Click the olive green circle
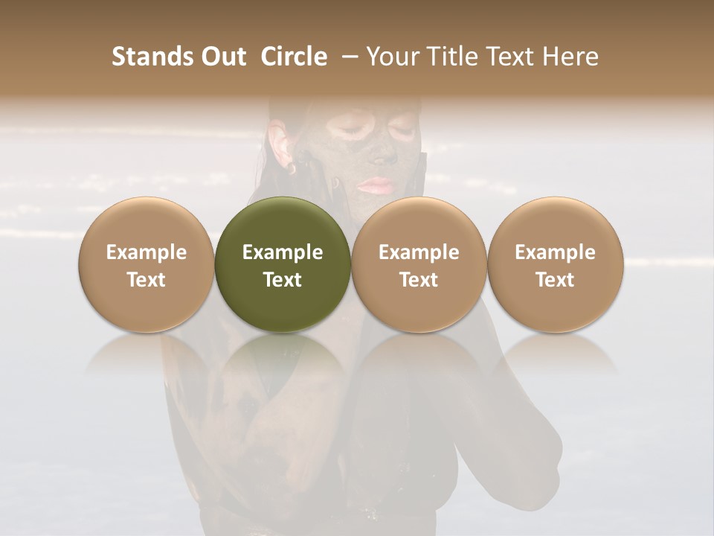click(283, 264)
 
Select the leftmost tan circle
click(147, 264)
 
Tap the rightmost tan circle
click(555, 264)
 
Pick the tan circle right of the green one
click(419, 264)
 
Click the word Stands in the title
click(152, 57)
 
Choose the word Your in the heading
click(391, 57)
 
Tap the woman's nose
click(384, 153)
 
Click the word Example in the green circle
click(283, 252)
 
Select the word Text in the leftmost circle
click(147, 280)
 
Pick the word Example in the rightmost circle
click(555, 252)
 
